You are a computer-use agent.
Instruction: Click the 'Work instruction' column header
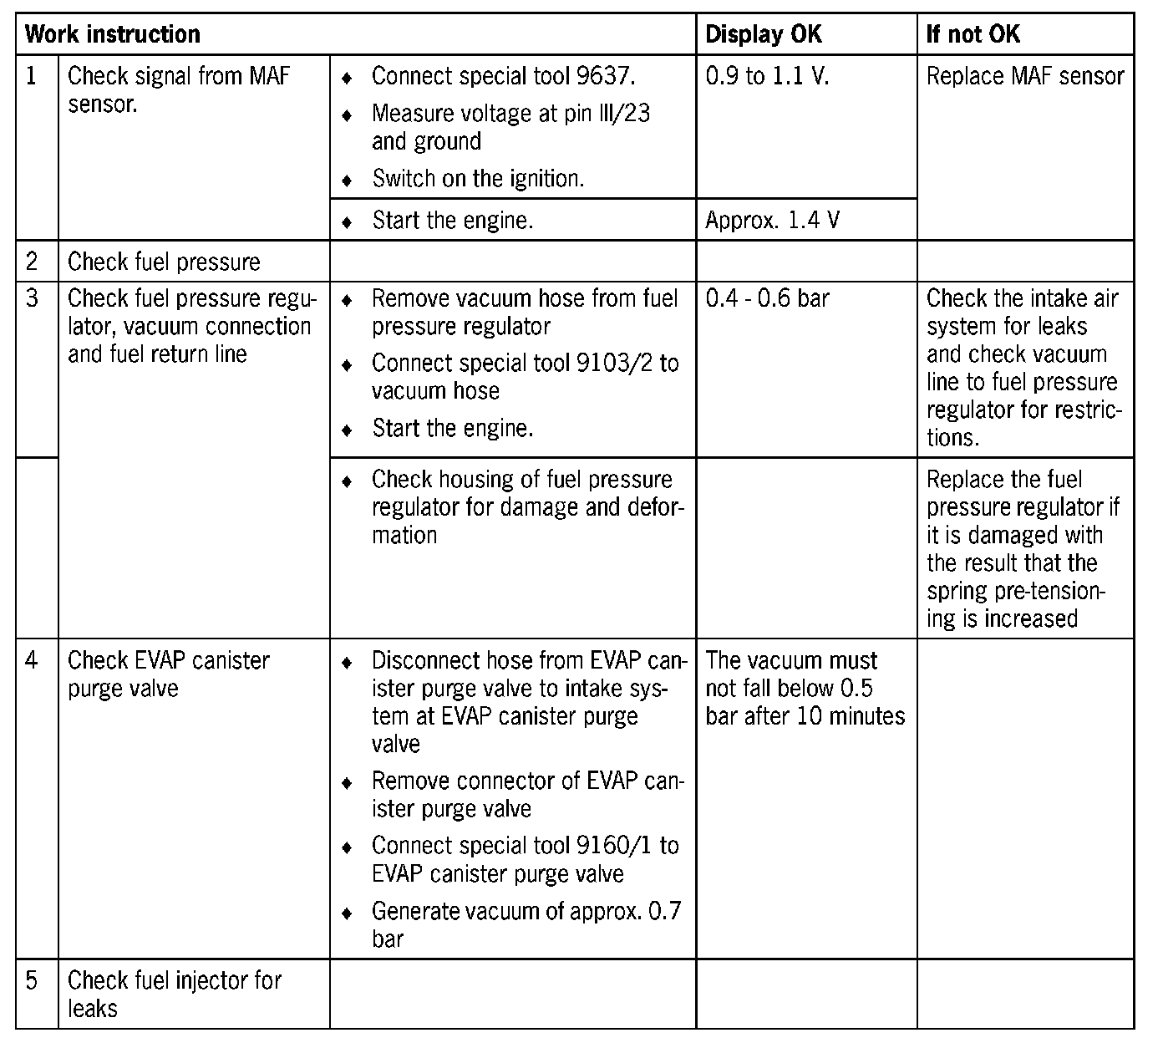[x=113, y=34]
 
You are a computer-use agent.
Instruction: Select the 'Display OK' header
[x=764, y=34]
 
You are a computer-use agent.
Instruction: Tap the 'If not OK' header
[x=973, y=34]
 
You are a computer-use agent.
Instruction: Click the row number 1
[x=32, y=76]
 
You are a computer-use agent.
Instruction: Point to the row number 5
[x=32, y=980]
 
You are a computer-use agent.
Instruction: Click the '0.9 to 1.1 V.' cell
[x=767, y=77]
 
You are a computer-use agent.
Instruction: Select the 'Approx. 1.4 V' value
[x=773, y=221]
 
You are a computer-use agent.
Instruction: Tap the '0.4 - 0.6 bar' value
[x=767, y=298]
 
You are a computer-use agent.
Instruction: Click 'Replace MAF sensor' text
[x=1025, y=77]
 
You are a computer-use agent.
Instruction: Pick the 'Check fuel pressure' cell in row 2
[x=164, y=262]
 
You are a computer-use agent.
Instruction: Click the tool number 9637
[x=605, y=77]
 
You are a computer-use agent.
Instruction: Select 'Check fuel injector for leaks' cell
[x=174, y=994]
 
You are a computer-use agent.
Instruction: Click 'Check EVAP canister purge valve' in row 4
[x=168, y=674]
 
